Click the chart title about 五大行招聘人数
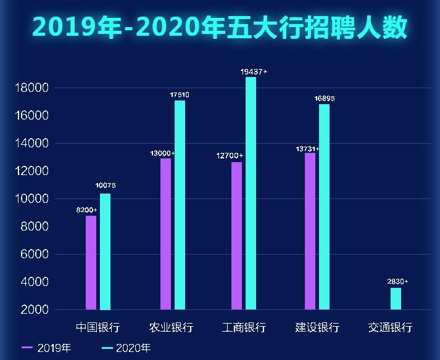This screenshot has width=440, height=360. (220, 27)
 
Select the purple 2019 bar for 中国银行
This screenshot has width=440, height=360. (91, 263)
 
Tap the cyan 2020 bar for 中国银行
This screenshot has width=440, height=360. (105, 252)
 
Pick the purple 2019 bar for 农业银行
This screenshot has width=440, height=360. (165, 234)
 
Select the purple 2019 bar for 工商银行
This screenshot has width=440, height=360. (236, 235)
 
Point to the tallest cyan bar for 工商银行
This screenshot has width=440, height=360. (251, 193)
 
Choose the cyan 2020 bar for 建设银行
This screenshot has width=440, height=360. (324, 207)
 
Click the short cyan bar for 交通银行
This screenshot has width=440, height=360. (396, 299)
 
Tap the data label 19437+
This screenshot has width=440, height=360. (254, 72)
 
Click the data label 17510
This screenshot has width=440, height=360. (179, 95)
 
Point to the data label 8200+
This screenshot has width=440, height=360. (86, 210)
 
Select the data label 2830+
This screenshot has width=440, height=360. (397, 282)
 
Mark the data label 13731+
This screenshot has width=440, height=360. (307, 149)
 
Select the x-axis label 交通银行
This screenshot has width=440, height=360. (390, 327)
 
